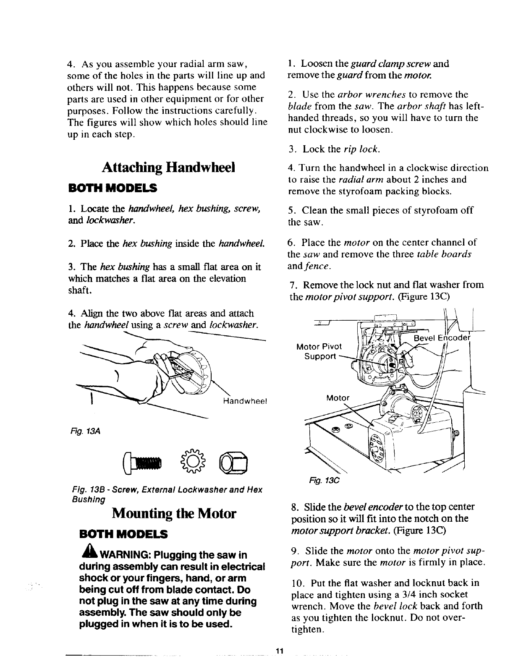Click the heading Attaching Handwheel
[168, 167]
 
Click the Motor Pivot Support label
[319, 351]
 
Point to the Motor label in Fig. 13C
[338, 398]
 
